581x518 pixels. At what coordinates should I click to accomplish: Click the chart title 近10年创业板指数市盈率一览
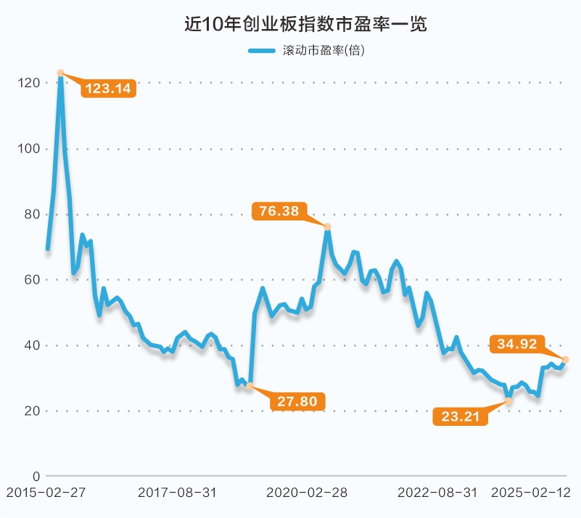[x=305, y=24]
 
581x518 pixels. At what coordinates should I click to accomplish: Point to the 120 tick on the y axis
[x=29, y=83]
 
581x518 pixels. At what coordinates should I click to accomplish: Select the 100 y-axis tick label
[x=29, y=149]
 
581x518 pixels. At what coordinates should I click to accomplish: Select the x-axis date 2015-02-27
[x=46, y=493]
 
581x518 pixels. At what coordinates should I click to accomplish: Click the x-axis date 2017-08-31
[x=177, y=493]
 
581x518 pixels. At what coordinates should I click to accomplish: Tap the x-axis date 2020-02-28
[x=308, y=493]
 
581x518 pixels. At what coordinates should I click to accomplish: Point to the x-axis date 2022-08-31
[x=438, y=493]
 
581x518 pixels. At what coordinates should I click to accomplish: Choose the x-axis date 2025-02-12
[x=531, y=493]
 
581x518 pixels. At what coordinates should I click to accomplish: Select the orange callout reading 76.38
[x=279, y=211]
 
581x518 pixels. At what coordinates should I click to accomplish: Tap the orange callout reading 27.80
[x=297, y=400]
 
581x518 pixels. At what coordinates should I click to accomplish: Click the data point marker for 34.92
[x=566, y=360]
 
